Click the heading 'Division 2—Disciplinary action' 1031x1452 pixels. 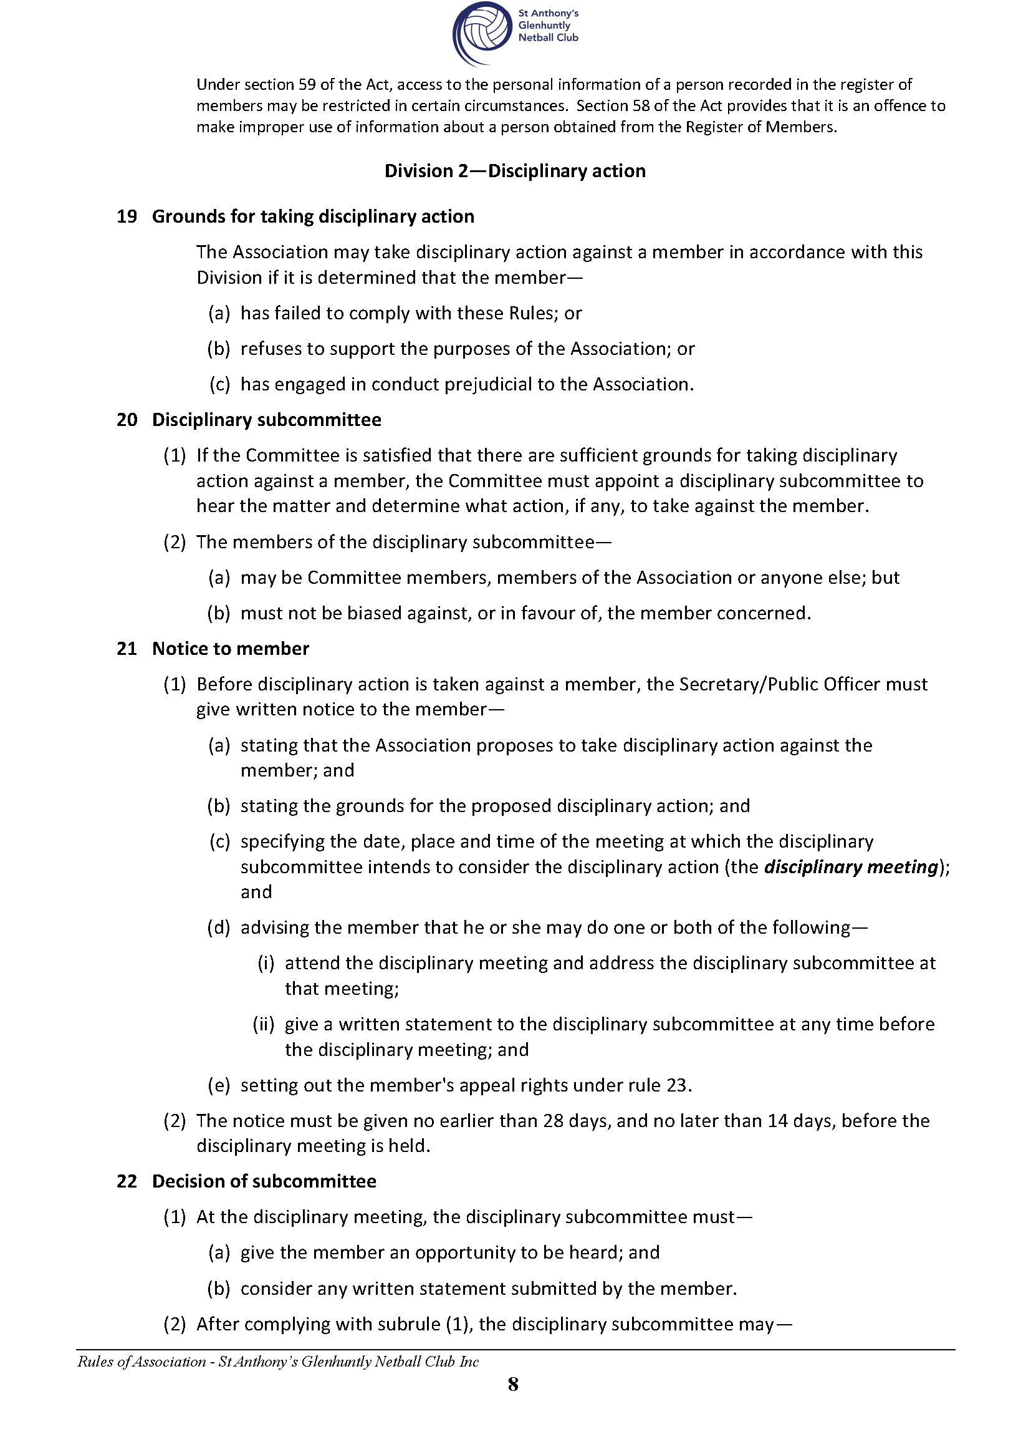point(515,171)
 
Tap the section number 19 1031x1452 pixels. point(127,216)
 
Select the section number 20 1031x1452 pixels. point(127,420)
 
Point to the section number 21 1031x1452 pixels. point(127,649)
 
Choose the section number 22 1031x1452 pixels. point(127,1181)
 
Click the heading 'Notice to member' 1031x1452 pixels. point(231,649)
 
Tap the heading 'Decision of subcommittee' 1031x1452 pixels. point(264,1181)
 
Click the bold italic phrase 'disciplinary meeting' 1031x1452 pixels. point(851,867)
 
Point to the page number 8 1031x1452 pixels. point(513,1385)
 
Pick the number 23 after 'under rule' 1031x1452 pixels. point(676,1085)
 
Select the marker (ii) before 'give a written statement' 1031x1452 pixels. point(264,1024)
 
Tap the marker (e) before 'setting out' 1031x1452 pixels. point(219,1085)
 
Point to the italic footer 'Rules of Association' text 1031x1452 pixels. point(141,1361)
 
